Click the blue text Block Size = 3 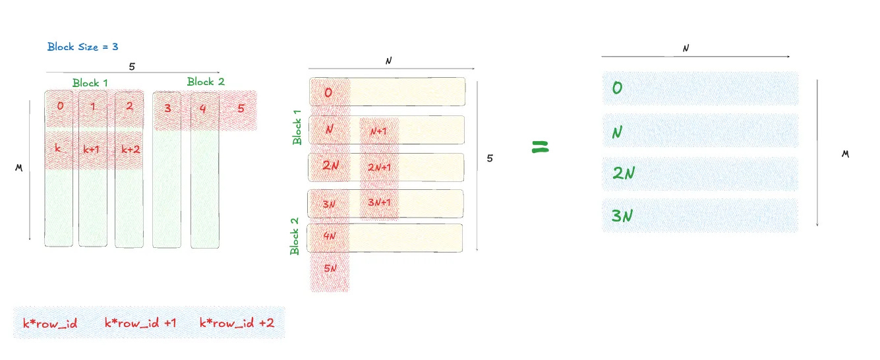point(83,47)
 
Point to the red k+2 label point(131,150)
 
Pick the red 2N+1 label point(379,167)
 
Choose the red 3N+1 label point(379,202)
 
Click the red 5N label point(330,269)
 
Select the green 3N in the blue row point(623,215)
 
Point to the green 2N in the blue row point(624,173)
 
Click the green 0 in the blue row point(618,88)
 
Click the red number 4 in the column point(203,108)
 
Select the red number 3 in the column point(167,108)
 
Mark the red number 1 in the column point(92,106)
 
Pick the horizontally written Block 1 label point(90,83)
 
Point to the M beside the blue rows point(845,154)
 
